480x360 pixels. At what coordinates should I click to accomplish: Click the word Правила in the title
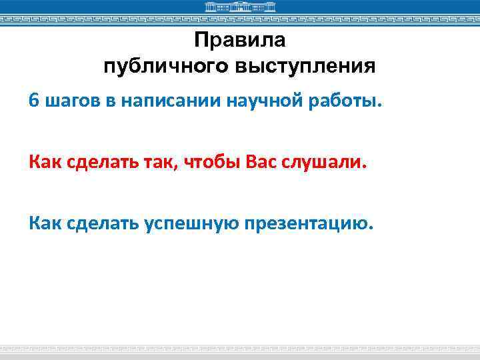(239, 41)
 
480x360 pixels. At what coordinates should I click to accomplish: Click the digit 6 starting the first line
(33, 101)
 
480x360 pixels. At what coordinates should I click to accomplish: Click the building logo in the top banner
(239, 7)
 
